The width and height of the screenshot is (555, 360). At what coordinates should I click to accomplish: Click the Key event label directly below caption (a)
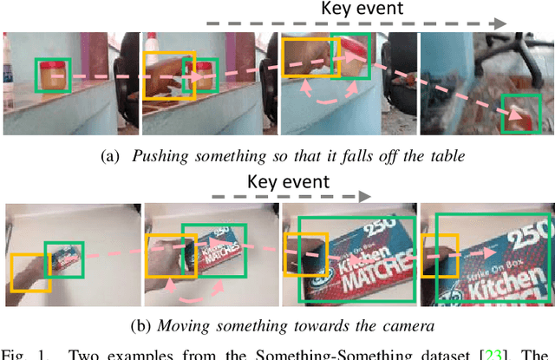click(288, 181)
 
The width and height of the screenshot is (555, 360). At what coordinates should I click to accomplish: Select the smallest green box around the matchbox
click(65, 259)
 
